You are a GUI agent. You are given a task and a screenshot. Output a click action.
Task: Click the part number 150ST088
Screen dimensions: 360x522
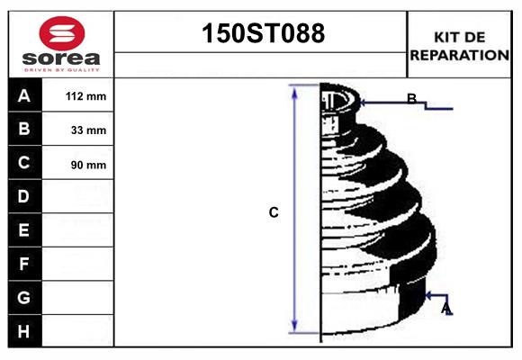point(261,34)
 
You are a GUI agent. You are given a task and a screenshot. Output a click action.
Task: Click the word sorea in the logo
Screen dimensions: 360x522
point(60,58)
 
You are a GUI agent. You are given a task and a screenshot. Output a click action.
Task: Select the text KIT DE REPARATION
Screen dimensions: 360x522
point(460,45)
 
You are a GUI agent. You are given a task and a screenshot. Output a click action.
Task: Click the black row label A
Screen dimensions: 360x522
point(24,95)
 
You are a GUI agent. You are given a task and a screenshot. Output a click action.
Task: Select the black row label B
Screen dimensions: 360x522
point(24,130)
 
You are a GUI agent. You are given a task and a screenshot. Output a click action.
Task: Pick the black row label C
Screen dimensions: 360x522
point(24,163)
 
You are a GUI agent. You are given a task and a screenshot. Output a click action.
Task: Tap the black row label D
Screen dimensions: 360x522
point(24,196)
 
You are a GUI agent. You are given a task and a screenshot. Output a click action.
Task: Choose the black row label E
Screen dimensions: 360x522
point(24,230)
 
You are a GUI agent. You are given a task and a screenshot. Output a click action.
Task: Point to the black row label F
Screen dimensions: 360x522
point(24,265)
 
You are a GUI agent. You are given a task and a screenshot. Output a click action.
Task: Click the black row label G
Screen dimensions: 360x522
point(24,297)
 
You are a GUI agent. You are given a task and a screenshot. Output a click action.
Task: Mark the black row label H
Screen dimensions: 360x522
point(24,331)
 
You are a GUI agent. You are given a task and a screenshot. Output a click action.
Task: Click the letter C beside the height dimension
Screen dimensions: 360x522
point(274,213)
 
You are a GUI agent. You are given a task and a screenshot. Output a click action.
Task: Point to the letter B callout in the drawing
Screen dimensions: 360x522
point(411,99)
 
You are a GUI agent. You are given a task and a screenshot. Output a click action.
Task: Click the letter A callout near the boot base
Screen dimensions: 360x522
point(446,309)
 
